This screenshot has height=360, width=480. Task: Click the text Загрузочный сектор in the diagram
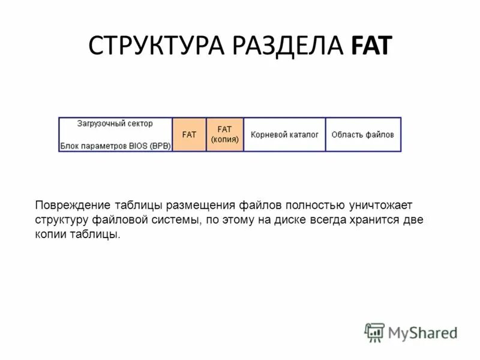[x=115, y=124]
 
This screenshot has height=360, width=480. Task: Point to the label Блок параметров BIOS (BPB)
[x=115, y=146]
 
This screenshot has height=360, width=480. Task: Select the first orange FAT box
[x=189, y=135]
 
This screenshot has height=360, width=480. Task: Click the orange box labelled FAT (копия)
[x=224, y=134]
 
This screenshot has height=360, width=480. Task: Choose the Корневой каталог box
[x=284, y=135]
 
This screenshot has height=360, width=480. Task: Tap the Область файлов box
[x=362, y=135]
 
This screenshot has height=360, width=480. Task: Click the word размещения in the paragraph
[x=201, y=206]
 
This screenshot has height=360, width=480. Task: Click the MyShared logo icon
[x=374, y=332]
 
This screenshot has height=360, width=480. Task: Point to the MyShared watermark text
[x=422, y=332]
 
